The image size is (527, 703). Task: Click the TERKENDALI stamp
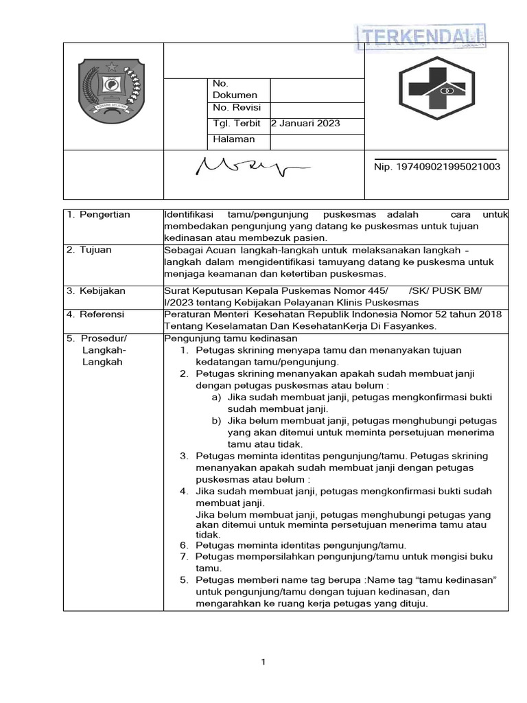(x=421, y=38)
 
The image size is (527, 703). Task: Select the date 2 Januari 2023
(x=305, y=124)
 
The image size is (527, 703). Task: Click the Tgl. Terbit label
(x=237, y=124)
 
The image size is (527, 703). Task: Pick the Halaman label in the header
(x=234, y=139)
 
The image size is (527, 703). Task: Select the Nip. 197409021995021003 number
(x=437, y=167)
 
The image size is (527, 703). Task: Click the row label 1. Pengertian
(x=99, y=215)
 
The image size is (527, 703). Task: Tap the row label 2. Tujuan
(x=90, y=250)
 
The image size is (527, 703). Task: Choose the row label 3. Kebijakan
(x=96, y=291)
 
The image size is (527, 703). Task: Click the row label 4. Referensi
(x=96, y=314)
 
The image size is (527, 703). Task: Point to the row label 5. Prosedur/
(x=97, y=338)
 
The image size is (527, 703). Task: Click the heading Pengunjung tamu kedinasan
(x=231, y=338)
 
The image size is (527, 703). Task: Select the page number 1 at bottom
(x=263, y=662)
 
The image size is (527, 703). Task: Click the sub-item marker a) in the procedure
(x=216, y=397)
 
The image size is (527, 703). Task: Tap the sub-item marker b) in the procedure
(x=216, y=421)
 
